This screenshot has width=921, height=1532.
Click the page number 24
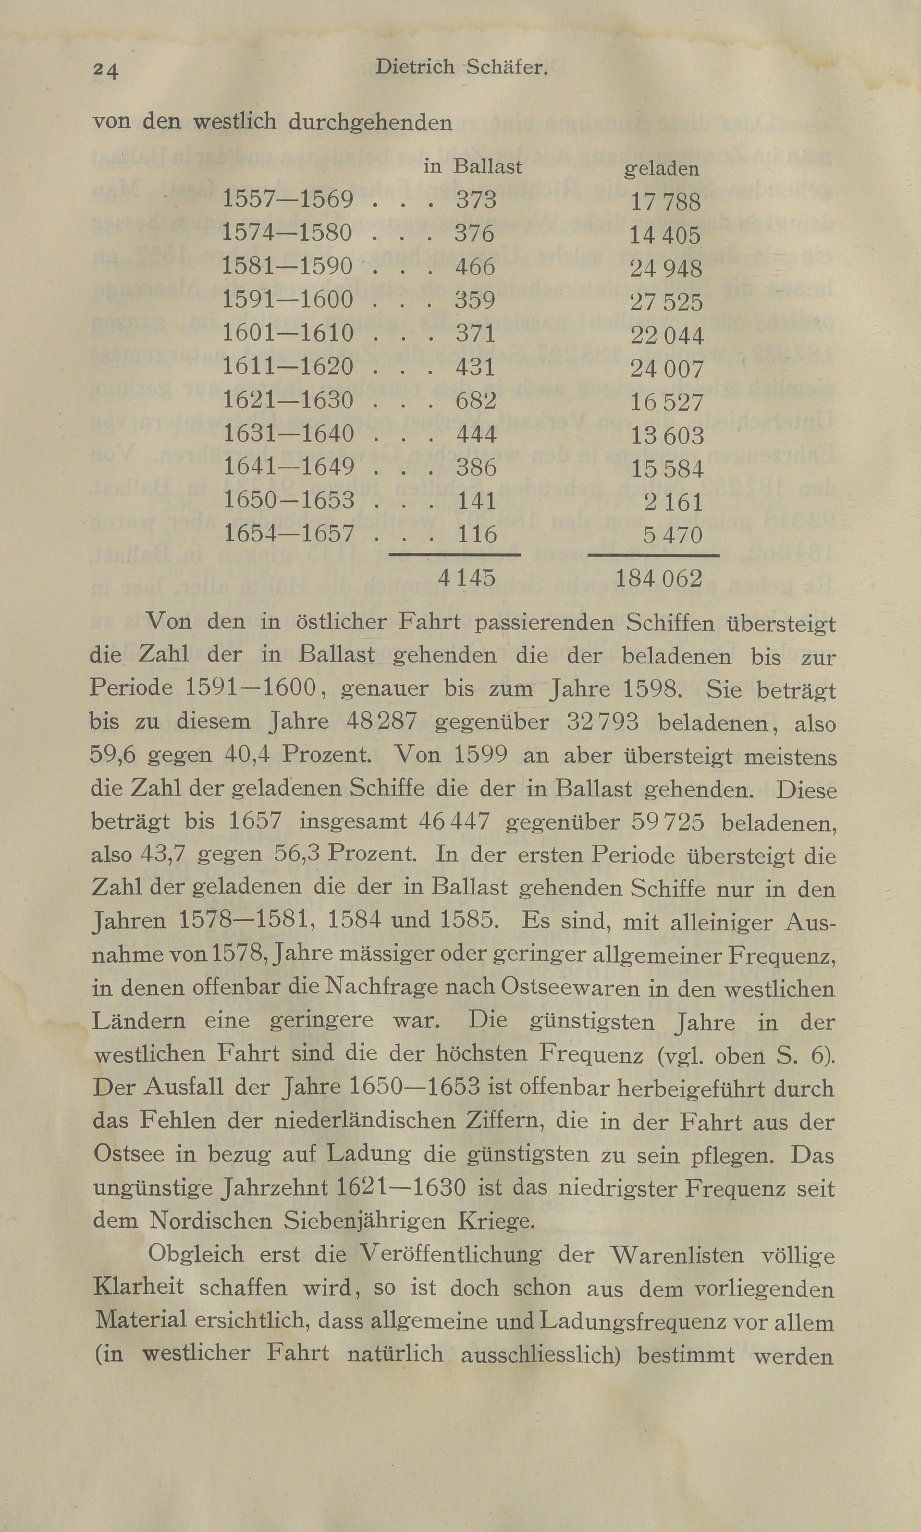pyautogui.click(x=105, y=71)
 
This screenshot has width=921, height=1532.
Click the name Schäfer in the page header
pyautogui.click(x=507, y=67)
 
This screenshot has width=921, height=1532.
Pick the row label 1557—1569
pyautogui.click(x=287, y=200)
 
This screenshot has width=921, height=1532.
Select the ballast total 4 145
pyautogui.click(x=467, y=578)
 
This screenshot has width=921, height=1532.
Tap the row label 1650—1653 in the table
pyautogui.click(x=287, y=500)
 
